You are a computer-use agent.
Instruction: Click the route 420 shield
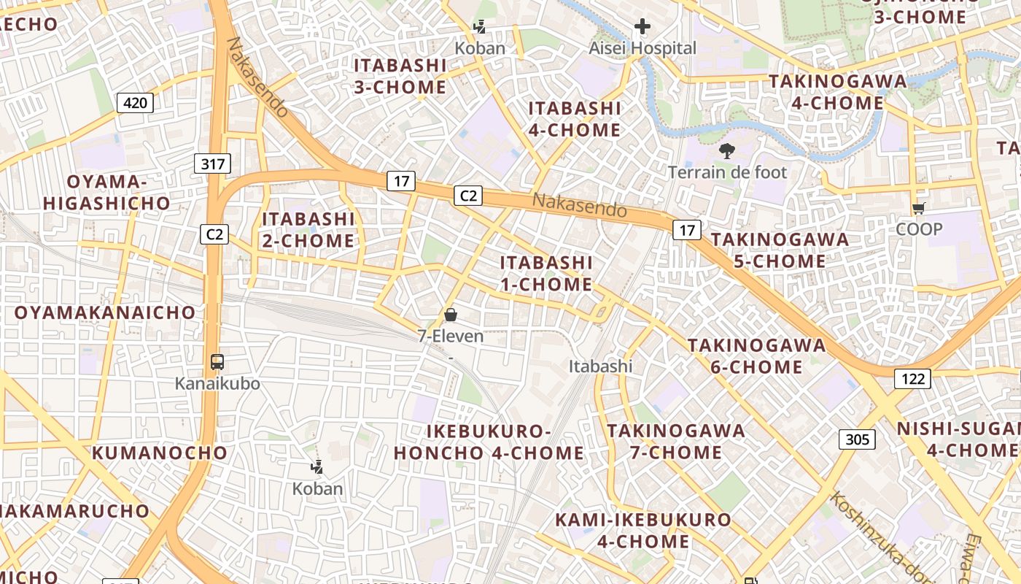[135, 103]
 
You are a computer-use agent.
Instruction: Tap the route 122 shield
[912, 378]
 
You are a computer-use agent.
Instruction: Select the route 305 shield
[858, 439]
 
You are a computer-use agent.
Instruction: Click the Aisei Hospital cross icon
[642, 27]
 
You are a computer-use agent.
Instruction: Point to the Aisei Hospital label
[643, 48]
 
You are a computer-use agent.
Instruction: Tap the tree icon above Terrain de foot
[726, 151]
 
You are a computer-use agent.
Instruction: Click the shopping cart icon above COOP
[919, 208]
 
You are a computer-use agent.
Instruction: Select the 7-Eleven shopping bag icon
[450, 315]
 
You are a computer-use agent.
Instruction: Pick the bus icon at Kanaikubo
[217, 361]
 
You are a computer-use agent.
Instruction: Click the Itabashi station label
[600, 366]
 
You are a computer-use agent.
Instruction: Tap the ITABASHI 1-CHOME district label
[546, 273]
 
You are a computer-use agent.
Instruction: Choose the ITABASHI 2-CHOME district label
[308, 229]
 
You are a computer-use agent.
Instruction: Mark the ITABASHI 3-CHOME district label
[400, 76]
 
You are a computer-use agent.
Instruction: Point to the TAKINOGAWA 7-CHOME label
[675, 441]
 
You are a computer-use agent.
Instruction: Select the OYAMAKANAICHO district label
[105, 312]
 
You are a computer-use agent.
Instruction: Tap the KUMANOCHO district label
[160, 453]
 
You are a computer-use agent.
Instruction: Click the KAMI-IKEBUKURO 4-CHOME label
[643, 530]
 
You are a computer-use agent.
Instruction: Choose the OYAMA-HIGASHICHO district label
[106, 192]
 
